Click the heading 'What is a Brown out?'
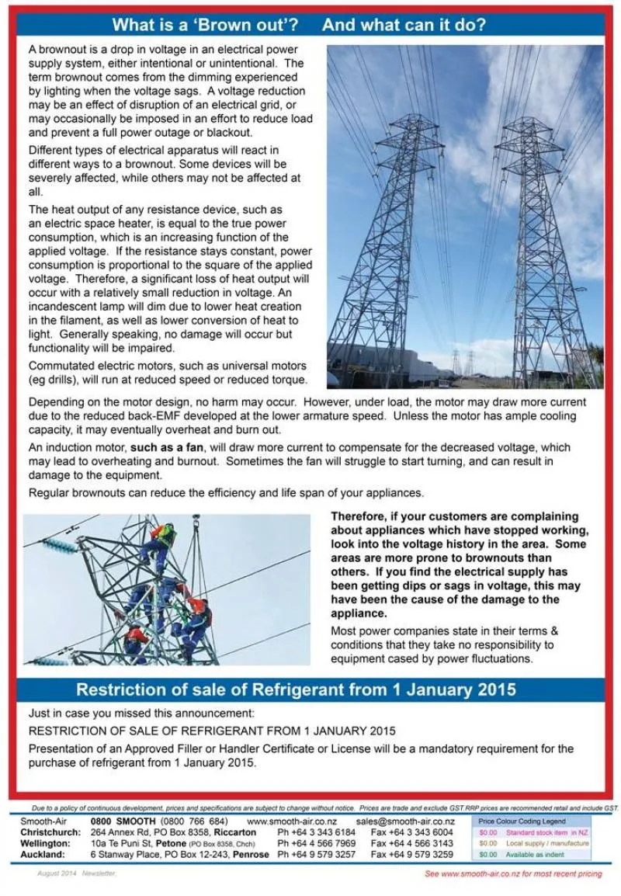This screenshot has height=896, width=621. click(205, 24)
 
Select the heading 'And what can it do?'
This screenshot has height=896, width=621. click(404, 24)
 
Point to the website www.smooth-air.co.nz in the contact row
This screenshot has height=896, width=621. click(292, 821)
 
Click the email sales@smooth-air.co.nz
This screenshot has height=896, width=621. click(405, 821)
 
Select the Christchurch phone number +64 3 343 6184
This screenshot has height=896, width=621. click(317, 832)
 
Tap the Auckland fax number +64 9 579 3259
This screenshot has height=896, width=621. click(411, 854)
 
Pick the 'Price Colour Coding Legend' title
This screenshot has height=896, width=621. click(522, 821)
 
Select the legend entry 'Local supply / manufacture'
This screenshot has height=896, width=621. click(546, 843)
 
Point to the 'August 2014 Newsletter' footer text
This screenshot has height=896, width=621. click(76, 873)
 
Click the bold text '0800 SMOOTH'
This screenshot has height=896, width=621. click(123, 821)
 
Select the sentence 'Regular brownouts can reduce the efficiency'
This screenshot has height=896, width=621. click(215, 493)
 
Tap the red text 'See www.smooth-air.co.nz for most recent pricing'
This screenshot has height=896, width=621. click(513, 874)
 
